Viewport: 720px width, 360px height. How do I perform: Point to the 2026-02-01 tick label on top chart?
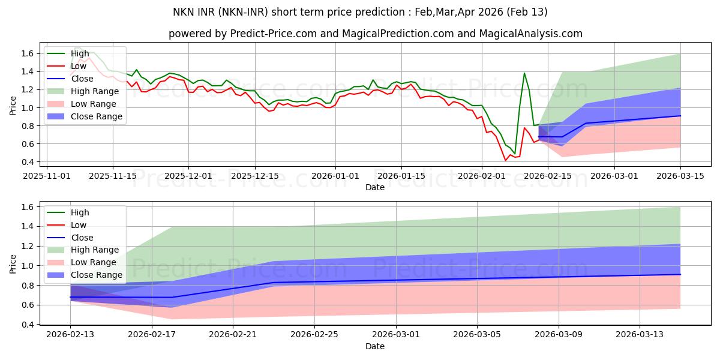click(482, 176)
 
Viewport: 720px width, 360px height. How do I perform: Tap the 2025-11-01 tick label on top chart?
click(47, 176)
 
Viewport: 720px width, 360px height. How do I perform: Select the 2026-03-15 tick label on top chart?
click(680, 176)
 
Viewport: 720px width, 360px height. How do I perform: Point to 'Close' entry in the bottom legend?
click(82, 238)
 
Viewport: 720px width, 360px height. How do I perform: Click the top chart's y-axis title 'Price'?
click(14, 106)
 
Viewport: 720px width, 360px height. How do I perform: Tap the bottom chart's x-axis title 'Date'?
click(375, 347)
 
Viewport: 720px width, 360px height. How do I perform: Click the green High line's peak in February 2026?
click(524, 73)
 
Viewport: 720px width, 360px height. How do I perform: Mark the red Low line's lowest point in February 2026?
click(505, 160)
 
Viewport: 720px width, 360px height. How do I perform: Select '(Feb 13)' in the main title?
click(526, 12)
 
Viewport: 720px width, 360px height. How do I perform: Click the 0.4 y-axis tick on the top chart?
click(31, 162)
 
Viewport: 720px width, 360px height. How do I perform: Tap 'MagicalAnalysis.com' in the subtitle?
click(530, 34)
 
